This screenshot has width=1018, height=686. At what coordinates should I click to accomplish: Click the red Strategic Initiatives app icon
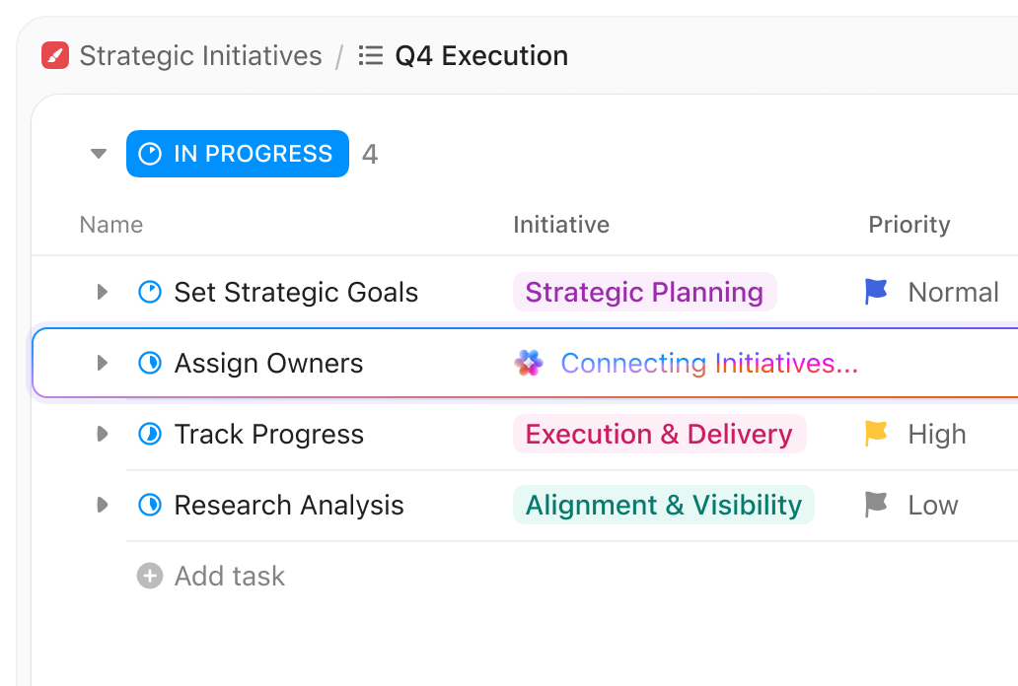coord(55,56)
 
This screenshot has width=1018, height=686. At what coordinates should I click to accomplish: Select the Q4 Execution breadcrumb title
coord(481,56)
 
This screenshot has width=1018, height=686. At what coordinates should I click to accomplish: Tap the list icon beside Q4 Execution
coord(371,56)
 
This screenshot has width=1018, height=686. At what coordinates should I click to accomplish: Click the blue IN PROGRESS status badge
coord(238,154)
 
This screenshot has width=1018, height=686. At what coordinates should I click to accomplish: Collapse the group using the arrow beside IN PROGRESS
coord(98,154)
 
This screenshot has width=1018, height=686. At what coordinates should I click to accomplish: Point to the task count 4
coord(370,154)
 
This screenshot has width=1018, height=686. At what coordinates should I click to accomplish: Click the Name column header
coord(111,225)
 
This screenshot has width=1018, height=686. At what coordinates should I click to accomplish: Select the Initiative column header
coord(561,225)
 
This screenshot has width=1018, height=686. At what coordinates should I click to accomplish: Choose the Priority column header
coord(909,225)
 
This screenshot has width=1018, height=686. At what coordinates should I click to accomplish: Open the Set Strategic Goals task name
coord(296,293)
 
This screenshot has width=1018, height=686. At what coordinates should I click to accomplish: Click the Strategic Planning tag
coord(644,293)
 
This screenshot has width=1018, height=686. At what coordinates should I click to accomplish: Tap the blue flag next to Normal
coord(876,292)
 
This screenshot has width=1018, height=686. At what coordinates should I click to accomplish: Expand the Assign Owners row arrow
coord(102,364)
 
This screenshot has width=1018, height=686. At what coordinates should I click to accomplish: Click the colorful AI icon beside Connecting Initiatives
coord(529,364)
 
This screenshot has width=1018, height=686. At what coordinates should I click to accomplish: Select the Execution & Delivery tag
coord(659,435)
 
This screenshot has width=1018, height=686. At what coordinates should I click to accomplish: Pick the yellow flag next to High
coord(876,434)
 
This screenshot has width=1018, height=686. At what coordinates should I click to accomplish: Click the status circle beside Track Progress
coord(150,435)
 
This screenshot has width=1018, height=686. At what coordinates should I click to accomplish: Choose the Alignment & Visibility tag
coord(663,506)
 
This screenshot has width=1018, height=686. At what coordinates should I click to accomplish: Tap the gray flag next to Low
coord(876,505)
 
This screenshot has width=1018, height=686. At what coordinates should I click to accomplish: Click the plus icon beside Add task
coord(150,576)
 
